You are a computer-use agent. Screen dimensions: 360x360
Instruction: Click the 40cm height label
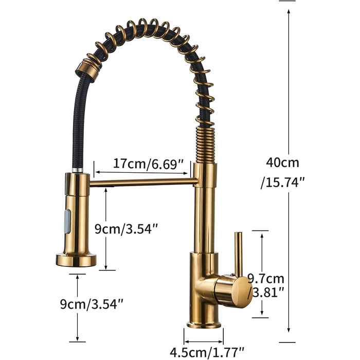(x=283, y=163)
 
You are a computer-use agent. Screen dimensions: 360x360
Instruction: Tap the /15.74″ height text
(x=283, y=183)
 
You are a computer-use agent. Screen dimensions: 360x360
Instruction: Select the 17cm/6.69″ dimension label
(x=148, y=164)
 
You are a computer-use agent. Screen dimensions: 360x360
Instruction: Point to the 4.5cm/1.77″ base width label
(x=207, y=352)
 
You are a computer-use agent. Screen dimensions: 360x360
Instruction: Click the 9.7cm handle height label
(x=266, y=279)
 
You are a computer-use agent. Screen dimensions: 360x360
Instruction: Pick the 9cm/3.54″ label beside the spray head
(x=127, y=229)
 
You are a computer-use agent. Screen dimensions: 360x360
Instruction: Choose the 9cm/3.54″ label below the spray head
(x=92, y=304)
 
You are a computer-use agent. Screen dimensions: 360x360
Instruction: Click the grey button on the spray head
(x=68, y=221)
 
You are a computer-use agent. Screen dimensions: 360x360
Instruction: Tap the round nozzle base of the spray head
(x=76, y=260)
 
